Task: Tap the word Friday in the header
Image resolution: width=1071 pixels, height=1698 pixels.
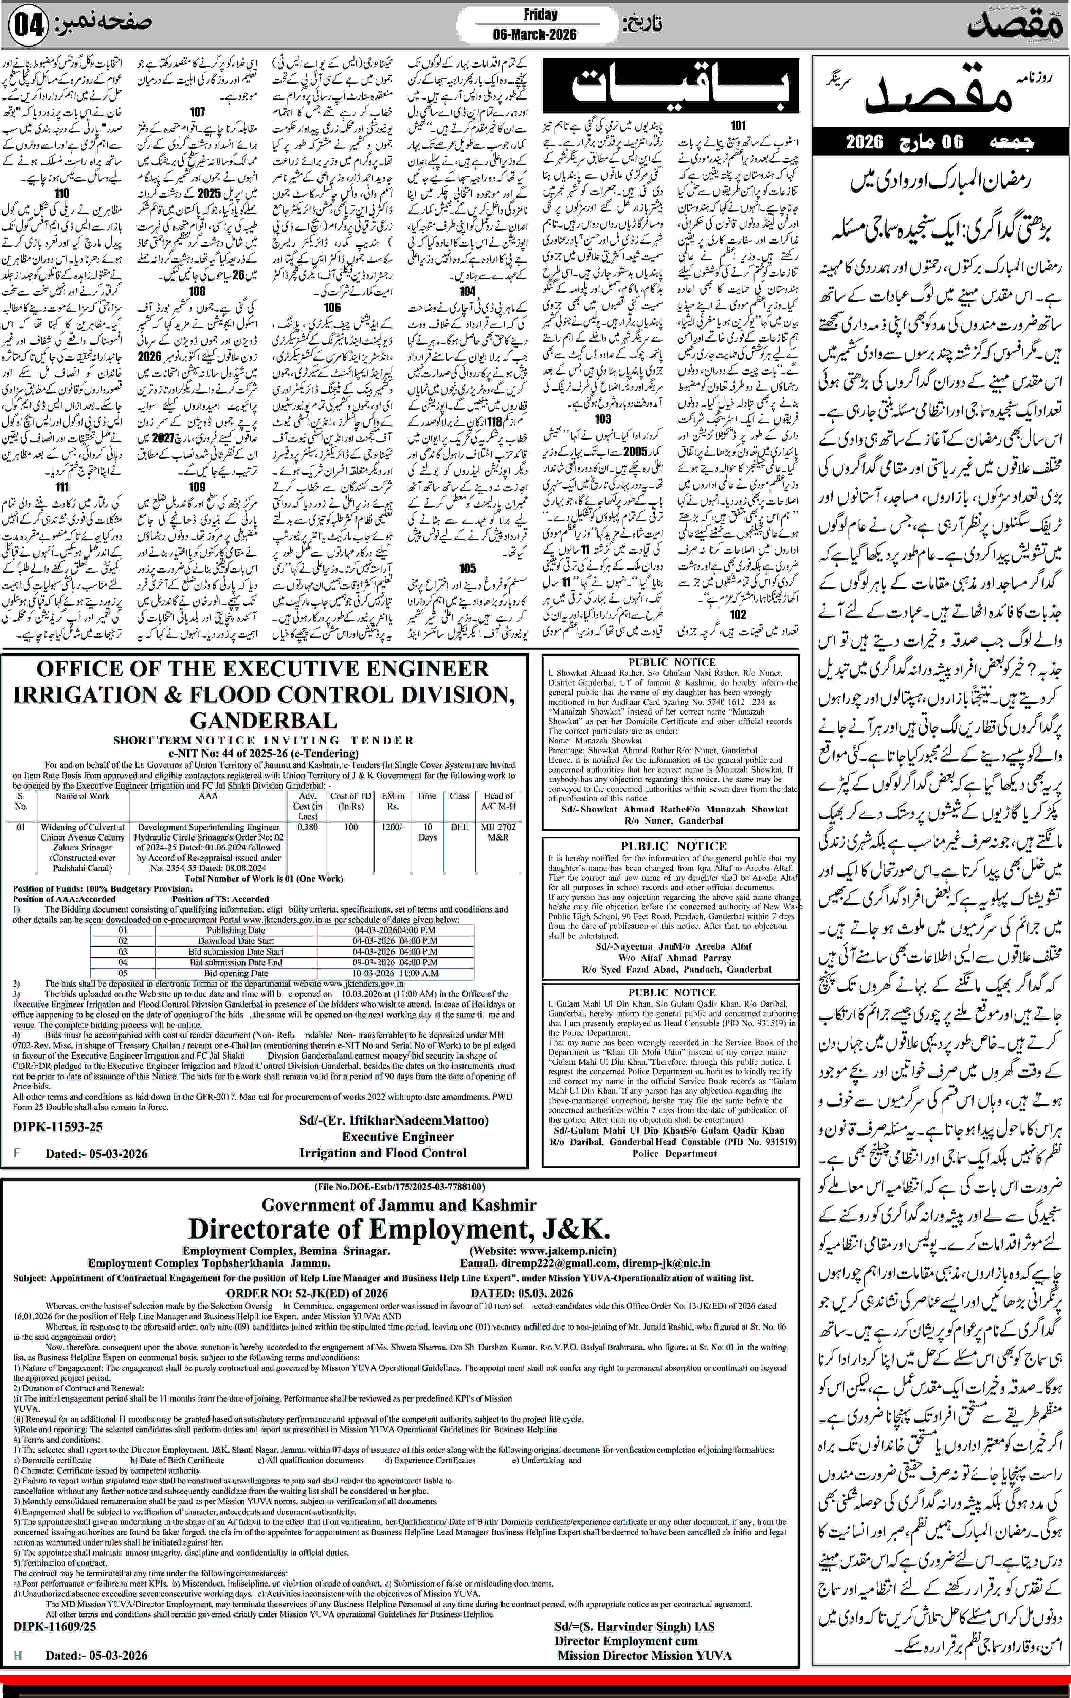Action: (540, 14)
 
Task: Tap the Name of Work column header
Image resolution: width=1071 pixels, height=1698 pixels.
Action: (83, 795)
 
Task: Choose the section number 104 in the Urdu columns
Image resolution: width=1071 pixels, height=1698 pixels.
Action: (467, 290)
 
